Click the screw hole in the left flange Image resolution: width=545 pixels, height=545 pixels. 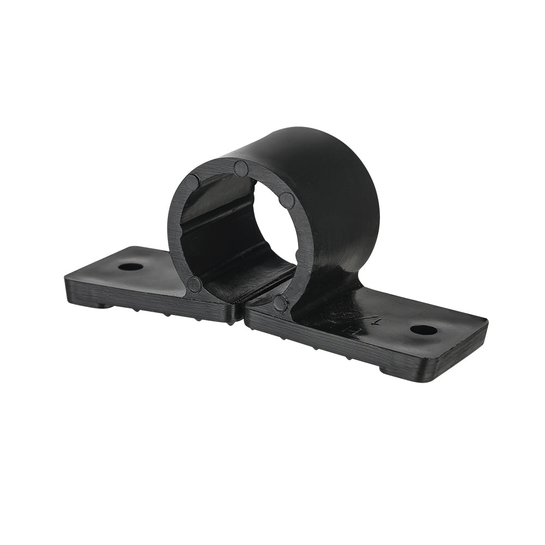click(130, 267)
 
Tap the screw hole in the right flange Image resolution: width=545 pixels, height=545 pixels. click(423, 330)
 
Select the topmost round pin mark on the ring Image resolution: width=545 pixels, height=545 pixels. click(241, 168)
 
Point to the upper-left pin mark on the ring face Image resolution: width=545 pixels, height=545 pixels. click(192, 182)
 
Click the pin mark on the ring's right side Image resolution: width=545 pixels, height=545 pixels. click(287, 200)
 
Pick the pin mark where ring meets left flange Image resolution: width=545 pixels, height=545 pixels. click(194, 283)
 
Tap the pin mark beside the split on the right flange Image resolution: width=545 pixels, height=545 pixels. click(280, 303)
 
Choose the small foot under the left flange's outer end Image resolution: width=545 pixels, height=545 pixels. click(101, 305)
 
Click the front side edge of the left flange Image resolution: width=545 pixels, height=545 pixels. click(153, 305)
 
